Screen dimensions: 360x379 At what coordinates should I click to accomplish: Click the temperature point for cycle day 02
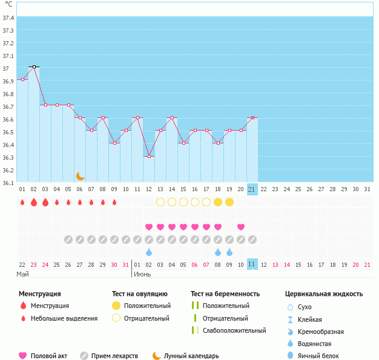[34, 67]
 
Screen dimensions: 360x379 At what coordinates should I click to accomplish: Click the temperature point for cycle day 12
[149, 156]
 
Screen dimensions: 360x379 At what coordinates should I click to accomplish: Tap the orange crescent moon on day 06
[80, 176]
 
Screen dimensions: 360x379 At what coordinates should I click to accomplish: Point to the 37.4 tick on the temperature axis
[8, 18]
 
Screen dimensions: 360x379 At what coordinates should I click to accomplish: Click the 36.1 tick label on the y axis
[8, 183]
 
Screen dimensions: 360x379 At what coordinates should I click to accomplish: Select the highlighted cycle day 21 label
[252, 189]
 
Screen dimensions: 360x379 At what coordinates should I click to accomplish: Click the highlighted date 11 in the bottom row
[252, 264]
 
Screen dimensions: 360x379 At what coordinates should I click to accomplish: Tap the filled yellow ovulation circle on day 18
[218, 202]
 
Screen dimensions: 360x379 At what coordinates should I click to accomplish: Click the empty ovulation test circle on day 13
[160, 202]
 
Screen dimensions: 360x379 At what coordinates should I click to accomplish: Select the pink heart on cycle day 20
[241, 227]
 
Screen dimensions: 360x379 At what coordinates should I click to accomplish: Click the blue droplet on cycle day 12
[149, 252]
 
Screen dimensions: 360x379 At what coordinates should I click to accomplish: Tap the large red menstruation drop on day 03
[45, 202]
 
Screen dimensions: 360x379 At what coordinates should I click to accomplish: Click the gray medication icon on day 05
[68, 240]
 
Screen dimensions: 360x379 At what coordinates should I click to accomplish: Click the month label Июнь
[142, 274]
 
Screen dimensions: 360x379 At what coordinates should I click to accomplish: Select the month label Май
[22, 274]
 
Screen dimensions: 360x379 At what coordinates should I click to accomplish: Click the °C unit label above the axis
[8, 4]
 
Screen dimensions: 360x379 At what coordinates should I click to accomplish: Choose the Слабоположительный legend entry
[235, 330]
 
